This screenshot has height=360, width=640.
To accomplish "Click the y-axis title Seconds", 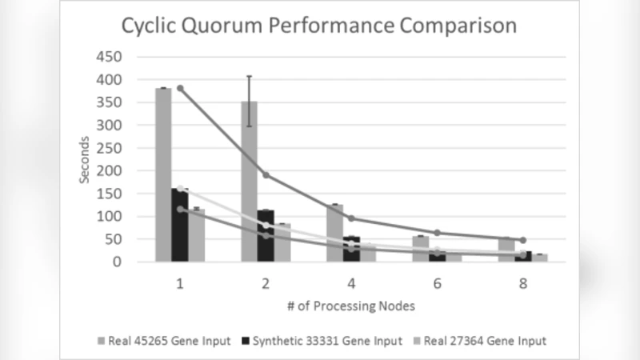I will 84,159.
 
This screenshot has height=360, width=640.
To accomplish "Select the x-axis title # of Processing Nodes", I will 351,306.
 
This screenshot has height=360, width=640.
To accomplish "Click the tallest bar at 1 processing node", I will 163,174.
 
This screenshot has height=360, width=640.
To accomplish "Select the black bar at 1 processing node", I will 180,225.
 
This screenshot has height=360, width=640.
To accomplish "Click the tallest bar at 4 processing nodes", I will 334,233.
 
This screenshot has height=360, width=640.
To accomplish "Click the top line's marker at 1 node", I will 180,89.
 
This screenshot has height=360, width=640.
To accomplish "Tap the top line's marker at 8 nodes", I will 522,240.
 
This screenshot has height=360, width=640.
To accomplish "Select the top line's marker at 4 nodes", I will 351,218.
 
